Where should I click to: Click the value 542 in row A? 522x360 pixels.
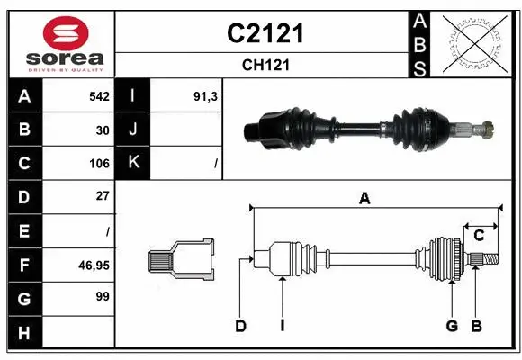click(99, 96)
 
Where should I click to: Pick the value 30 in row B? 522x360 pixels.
click(103, 130)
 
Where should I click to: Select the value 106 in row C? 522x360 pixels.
click(99, 164)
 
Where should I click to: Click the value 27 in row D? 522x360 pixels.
click(103, 195)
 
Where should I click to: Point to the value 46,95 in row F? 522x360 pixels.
click(95, 265)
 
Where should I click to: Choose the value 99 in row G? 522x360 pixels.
click(102, 295)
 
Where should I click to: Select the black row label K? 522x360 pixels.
click(132, 163)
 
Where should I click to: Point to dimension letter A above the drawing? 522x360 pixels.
click(364, 199)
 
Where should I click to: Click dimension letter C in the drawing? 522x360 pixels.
click(479, 235)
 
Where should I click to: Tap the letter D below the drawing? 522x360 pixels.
click(240, 327)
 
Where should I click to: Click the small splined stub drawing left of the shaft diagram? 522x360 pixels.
click(181, 260)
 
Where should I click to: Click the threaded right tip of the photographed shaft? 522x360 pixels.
click(487, 128)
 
